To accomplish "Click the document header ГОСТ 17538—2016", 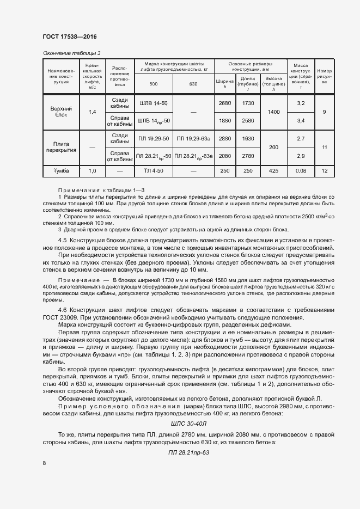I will [x=69, y=36].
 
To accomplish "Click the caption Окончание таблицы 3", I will [x=71, y=53].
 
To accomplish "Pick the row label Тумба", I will [x=61, y=171].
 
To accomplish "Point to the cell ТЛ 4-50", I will [x=153, y=171].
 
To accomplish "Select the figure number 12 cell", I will [x=325, y=171].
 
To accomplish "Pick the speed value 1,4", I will [x=92, y=112].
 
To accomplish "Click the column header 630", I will [x=193, y=84].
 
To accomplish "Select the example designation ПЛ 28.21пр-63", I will [x=188, y=452].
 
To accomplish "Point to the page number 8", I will [x=44, y=463].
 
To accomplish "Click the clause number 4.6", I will [x=63, y=310].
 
